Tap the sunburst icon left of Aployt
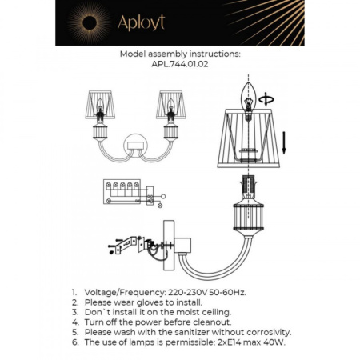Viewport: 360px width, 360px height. [x=84, y=22]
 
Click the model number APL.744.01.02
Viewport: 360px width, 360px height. [x=180, y=67]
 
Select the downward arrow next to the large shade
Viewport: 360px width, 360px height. [x=284, y=142]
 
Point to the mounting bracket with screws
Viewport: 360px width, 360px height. [x=122, y=244]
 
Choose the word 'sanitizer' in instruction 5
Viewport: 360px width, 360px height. [x=184, y=331]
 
